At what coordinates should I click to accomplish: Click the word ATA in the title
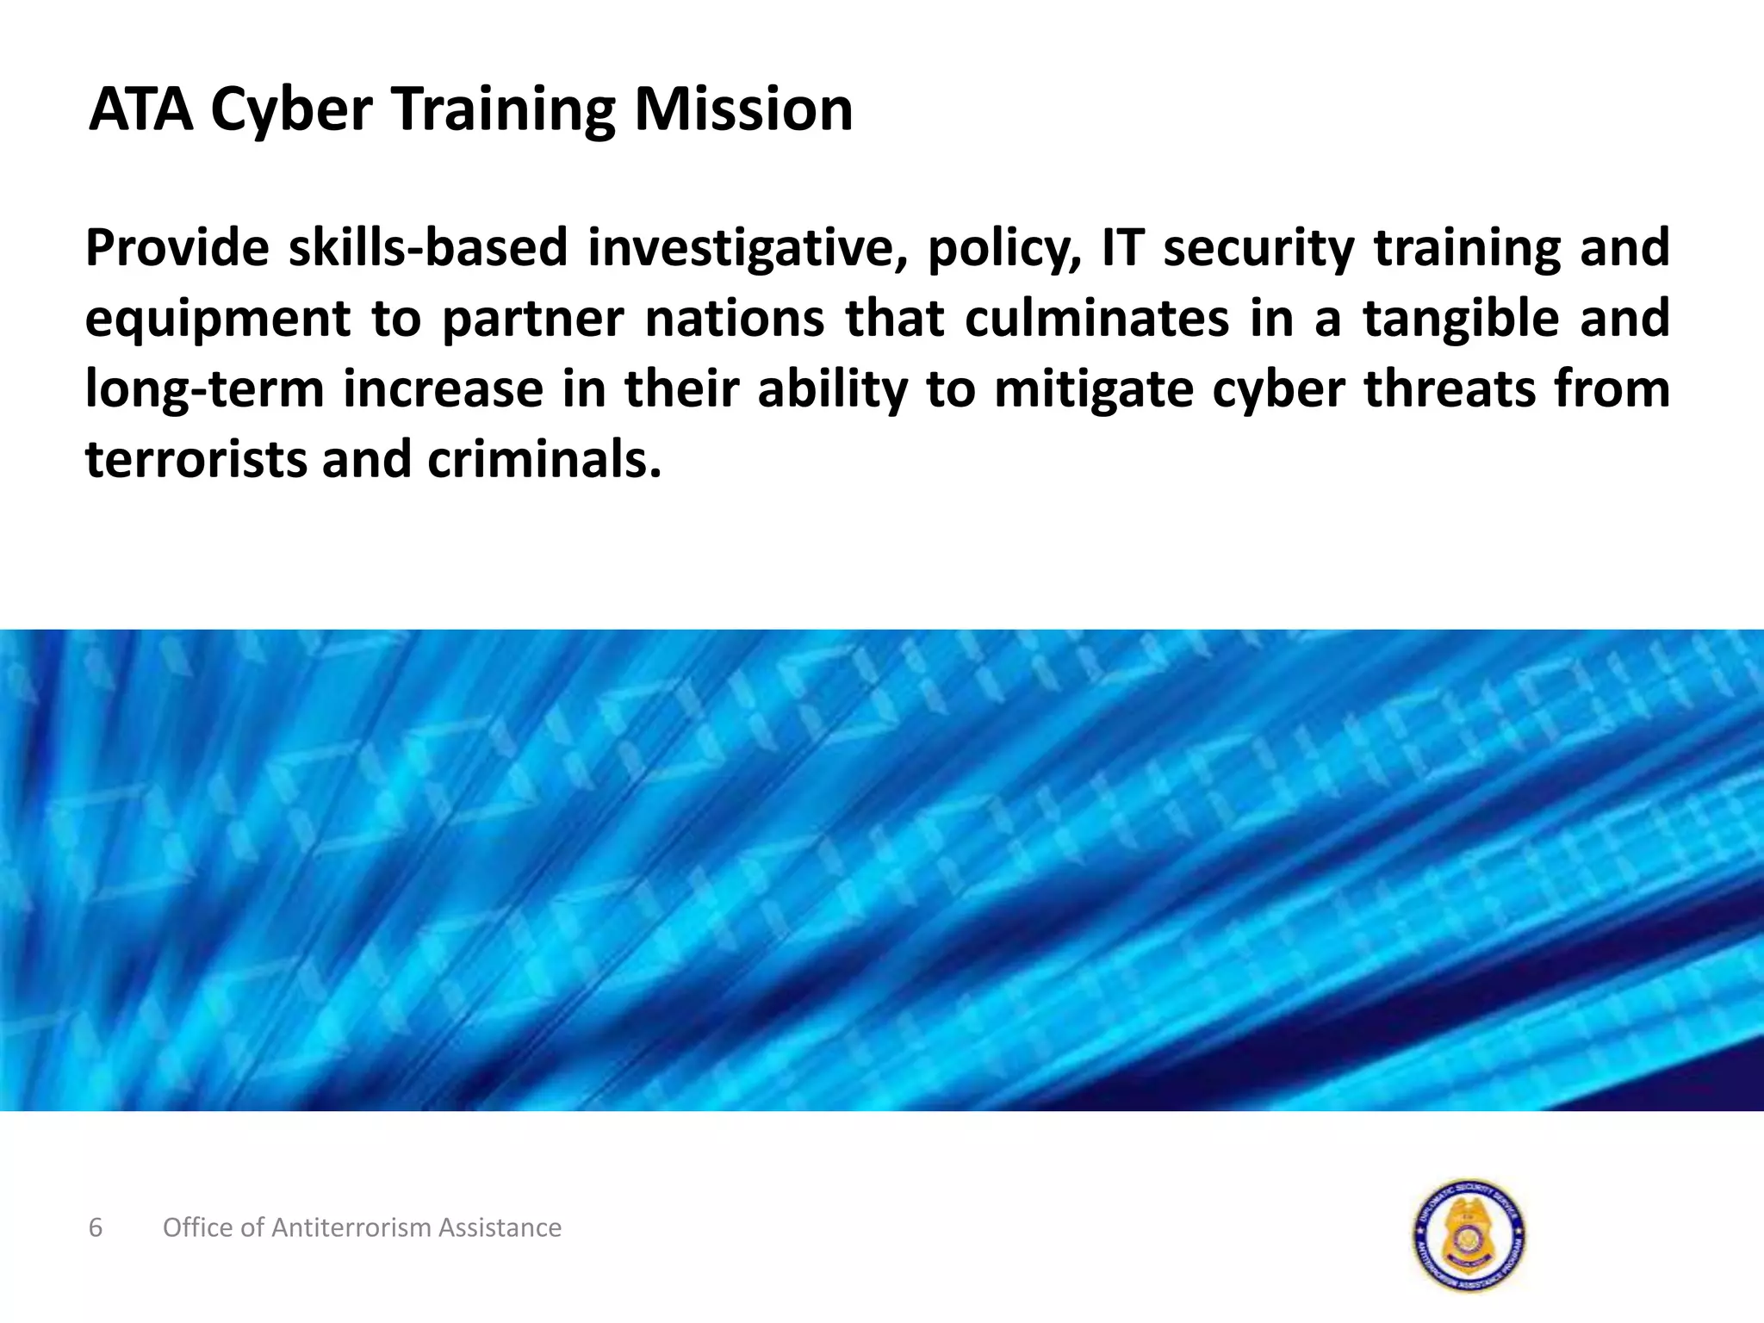(141, 109)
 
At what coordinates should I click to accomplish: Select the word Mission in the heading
(743, 109)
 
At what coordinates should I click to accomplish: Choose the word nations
(735, 318)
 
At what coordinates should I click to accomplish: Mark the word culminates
(1096, 318)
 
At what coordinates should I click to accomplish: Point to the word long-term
(204, 389)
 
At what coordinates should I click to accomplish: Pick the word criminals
(544, 459)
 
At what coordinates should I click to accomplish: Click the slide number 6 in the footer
(96, 1227)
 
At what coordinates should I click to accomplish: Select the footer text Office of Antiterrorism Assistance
(362, 1227)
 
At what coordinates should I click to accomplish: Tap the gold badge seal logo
(1469, 1234)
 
